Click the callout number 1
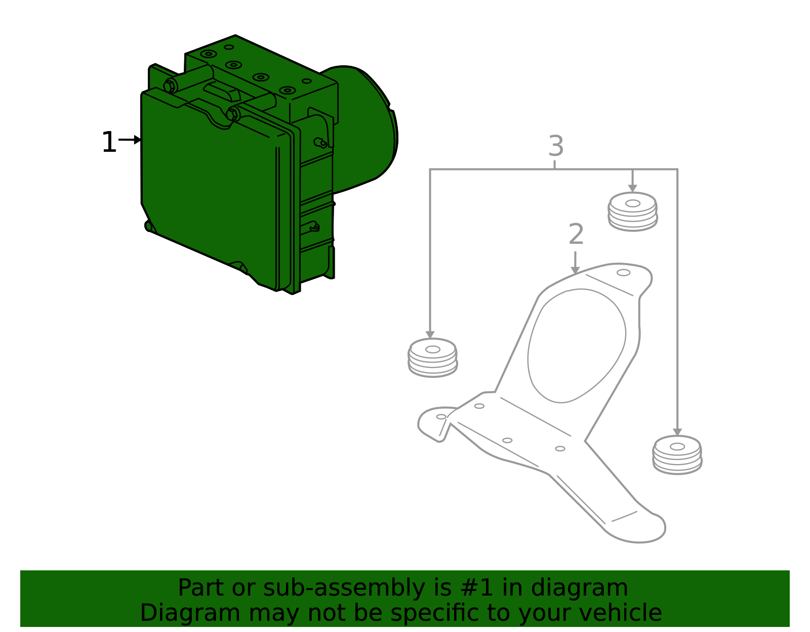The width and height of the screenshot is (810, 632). [109, 142]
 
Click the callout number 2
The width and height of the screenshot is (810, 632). [576, 234]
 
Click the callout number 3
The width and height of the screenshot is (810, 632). [556, 146]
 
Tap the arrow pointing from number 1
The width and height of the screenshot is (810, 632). [130, 140]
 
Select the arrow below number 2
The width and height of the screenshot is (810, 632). [575, 263]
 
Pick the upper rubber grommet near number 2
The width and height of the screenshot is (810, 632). [633, 212]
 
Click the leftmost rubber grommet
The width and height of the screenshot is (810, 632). [432, 358]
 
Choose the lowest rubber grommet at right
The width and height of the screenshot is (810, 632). [677, 455]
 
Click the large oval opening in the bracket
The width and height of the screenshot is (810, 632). [576, 346]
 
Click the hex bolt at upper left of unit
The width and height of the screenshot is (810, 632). [170, 86]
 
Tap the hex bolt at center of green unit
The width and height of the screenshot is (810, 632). [233, 114]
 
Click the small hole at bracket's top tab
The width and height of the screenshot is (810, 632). [624, 273]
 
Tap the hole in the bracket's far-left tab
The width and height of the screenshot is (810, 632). [441, 416]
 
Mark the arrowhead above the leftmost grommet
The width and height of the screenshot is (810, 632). [430, 334]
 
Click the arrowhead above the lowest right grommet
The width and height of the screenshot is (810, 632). [677, 432]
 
